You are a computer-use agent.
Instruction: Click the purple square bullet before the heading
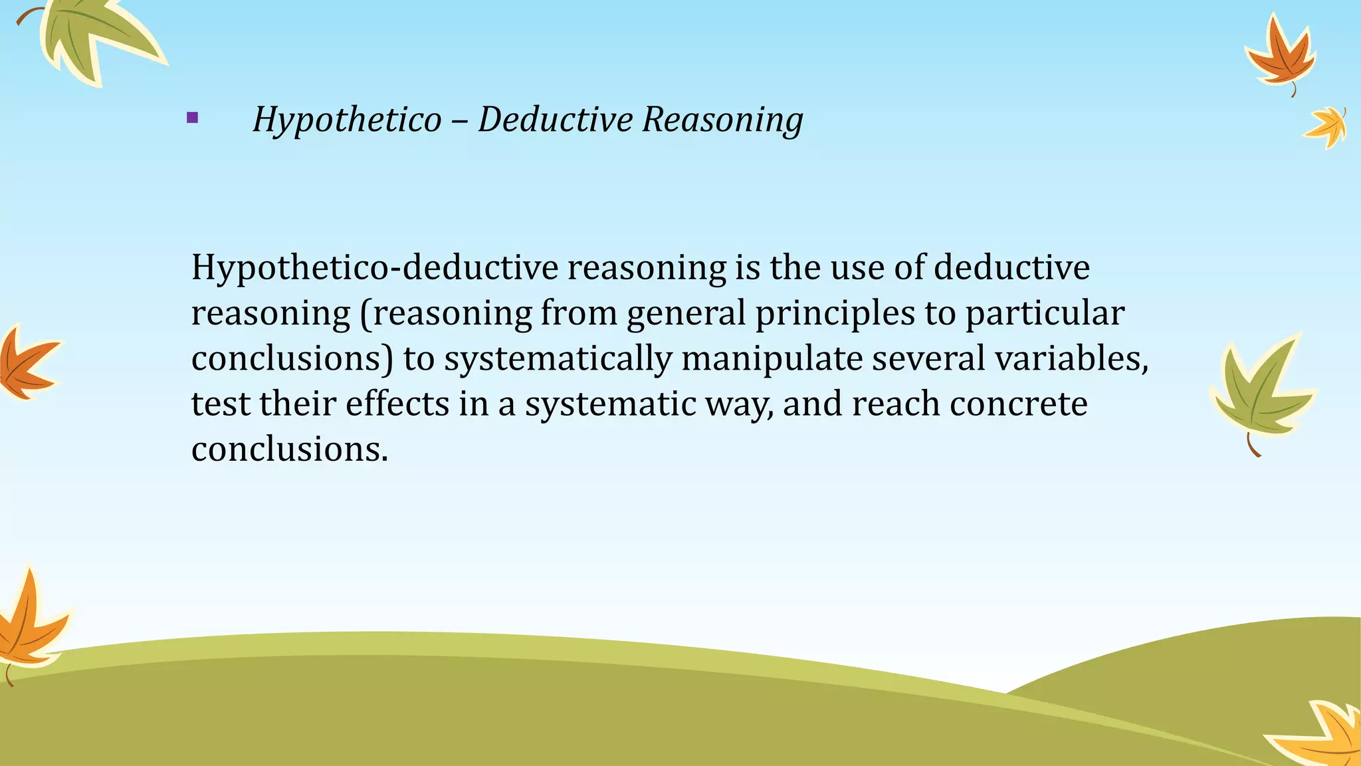[193, 118]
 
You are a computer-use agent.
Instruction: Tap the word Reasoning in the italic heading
[722, 120]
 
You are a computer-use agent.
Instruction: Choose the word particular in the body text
[1045, 313]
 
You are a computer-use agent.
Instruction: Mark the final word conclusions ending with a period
[289, 449]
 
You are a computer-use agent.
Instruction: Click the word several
[928, 358]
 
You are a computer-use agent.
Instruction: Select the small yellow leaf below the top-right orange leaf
[1326, 126]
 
